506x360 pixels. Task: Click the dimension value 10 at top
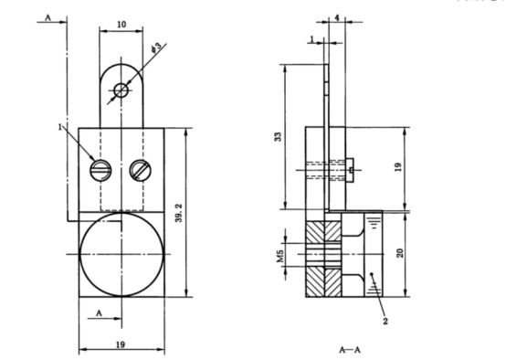pyautogui.click(x=122, y=24)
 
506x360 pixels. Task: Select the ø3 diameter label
pyautogui.click(x=156, y=45)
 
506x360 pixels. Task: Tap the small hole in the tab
pyautogui.click(x=121, y=90)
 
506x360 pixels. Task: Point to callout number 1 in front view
pyautogui.click(x=61, y=128)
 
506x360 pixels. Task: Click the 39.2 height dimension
pyautogui.click(x=180, y=212)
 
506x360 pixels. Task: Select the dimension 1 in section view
pyautogui.click(x=312, y=39)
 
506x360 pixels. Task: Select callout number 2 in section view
pyautogui.click(x=386, y=322)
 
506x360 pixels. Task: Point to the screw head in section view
pyautogui.click(x=351, y=166)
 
